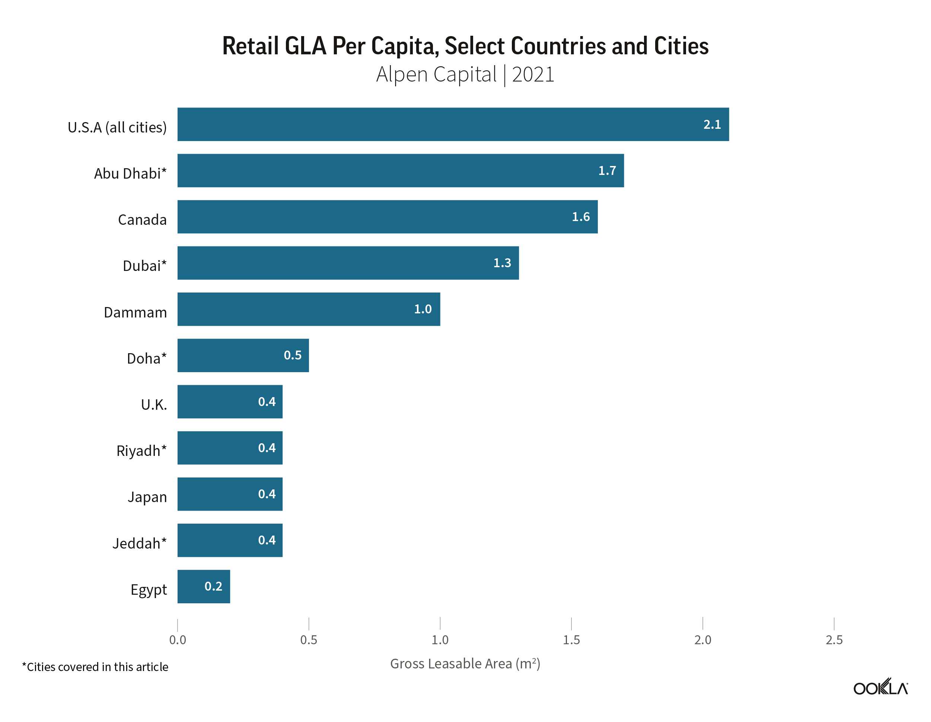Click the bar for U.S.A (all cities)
(x=453, y=124)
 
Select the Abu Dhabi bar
(x=400, y=170)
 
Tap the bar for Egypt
(x=203, y=587)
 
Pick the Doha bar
(x=243, y=355)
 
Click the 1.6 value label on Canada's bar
(x=581, y=217)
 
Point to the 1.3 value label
(x=502, y=263)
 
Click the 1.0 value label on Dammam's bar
(x=423, y=309)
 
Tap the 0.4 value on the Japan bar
(x=267, y=494)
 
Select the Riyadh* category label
(x=141, y=450)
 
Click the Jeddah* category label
(x=139, y=543)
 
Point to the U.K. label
(x=154, y=405)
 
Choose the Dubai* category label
(x=144, y=266)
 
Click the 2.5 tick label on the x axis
(x=834, y=640)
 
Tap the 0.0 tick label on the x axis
(x=177, y=640)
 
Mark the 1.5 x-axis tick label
(x=571, y=640)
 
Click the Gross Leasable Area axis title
(x=465, y=664)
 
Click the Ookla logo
(x=880, y=687)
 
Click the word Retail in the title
(x=250, y=46)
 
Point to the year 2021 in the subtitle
(x=533, y=74)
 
